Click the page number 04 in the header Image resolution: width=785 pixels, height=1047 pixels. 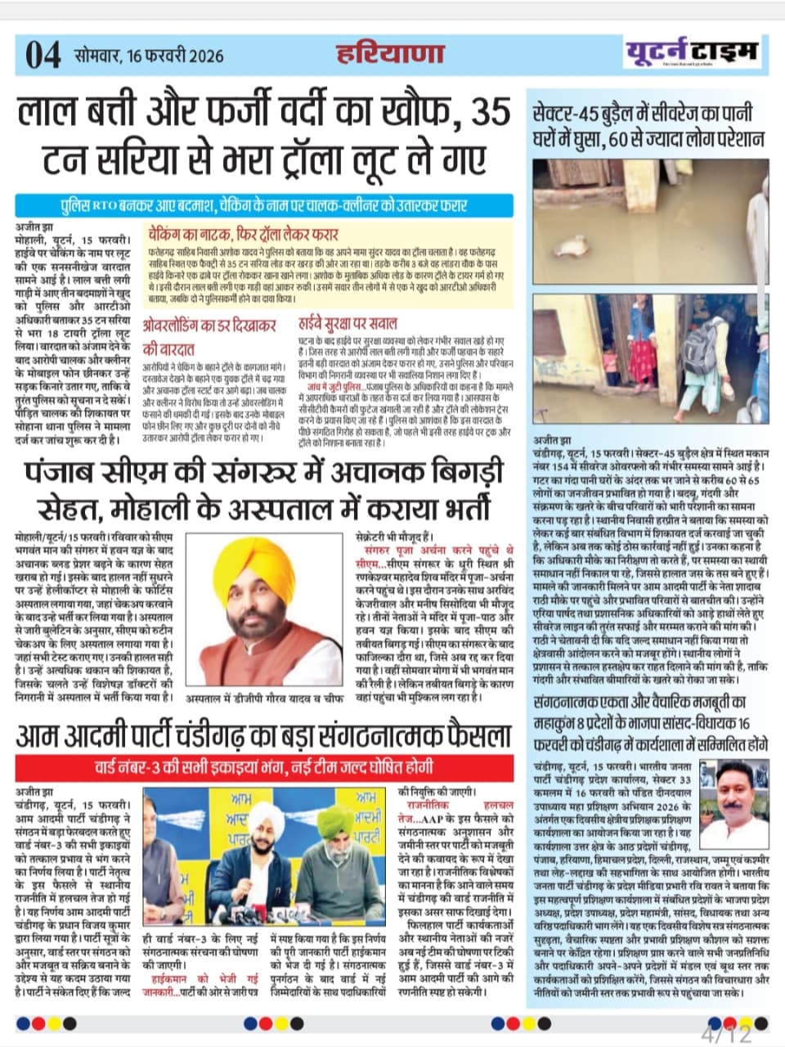pyautogui.click(x=42, y=56)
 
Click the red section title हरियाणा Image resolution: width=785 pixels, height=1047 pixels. pyautogui.click(x=391, y=54)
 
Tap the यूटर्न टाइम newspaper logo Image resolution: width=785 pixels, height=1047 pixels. pyautogui.click(x=693, y=52)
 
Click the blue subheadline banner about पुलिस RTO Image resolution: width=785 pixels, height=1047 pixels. pyautogui.click(x=264, y=205)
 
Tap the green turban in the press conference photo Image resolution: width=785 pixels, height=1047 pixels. pyautogui.click(x=342, y=819)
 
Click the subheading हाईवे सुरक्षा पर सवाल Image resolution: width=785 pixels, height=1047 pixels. pyautogui.click(x=347, y=323)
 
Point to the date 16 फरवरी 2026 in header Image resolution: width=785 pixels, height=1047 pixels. pyautogui.click(x=172, y=56)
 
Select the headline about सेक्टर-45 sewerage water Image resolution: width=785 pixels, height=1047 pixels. pyautogui.click(x=648, y=125)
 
